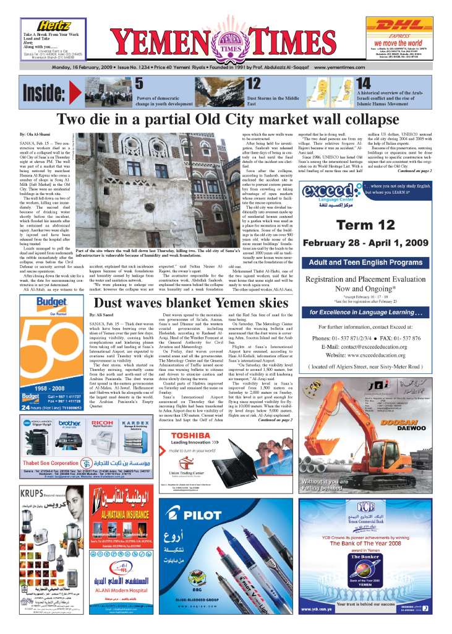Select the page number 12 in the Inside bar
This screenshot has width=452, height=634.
tap(254, 84)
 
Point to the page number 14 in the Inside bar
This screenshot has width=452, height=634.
tap(364, 84)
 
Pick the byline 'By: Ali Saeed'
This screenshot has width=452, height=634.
tap(101, 315)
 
